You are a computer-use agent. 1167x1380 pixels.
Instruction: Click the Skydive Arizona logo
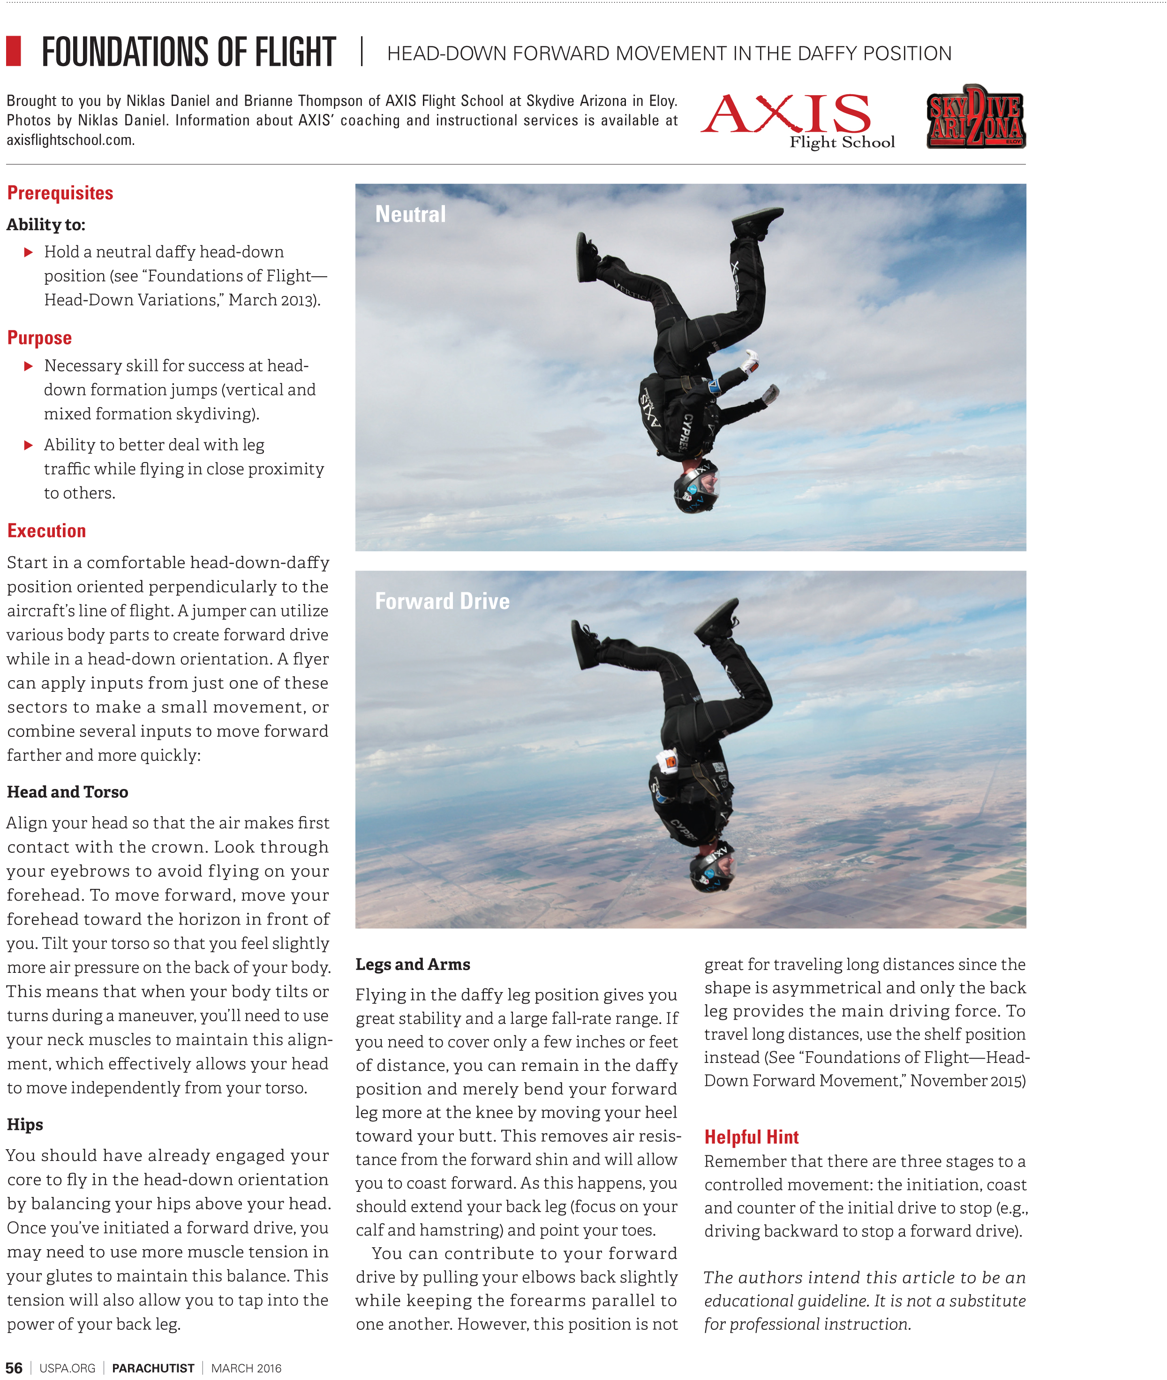tap(976, 117)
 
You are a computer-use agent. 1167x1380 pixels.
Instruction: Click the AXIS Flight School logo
tap(797, 120)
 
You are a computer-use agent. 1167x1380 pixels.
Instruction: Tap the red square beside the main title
tap(13, 51)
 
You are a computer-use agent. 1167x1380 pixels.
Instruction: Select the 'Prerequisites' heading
tap(60, 193)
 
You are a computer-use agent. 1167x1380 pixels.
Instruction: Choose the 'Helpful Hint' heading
tap(751, 1137)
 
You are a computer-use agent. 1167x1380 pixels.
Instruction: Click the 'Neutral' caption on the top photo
tap(410, 214)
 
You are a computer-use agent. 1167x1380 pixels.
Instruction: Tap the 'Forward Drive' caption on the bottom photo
tap(442, 601)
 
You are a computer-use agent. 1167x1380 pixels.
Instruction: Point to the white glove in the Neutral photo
tap(750, 361)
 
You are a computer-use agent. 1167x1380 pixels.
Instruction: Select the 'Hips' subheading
tap(25, 1124)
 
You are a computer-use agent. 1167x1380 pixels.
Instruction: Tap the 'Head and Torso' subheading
tap(68, 792)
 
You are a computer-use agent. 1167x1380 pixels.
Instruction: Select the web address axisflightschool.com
tap(71, 140)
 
